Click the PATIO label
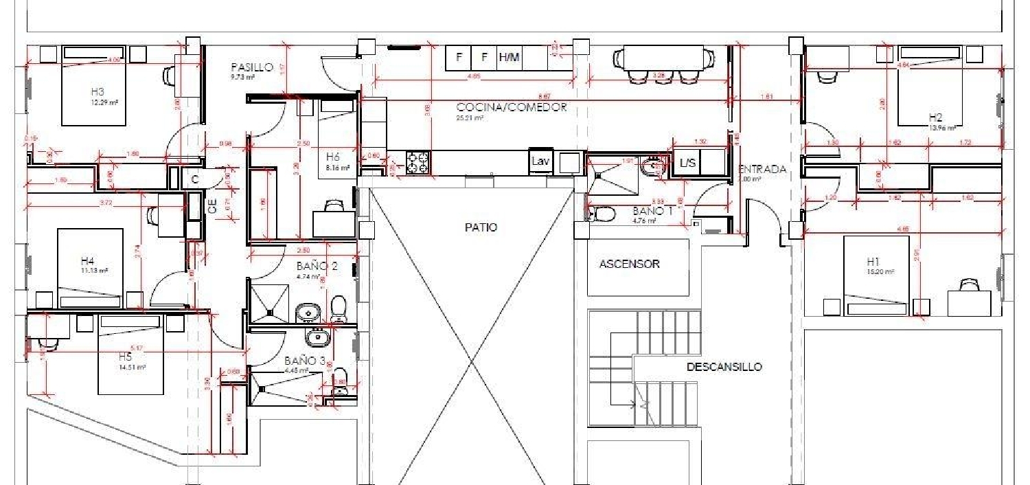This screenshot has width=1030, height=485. tap(481, 227)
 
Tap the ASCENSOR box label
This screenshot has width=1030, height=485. tap(629, 264)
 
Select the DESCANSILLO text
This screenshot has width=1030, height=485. tap(724, 367)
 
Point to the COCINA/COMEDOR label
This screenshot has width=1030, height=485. tap(512, 107)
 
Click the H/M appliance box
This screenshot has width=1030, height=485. tap(509, 58)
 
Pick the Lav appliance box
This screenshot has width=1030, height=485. tap(540, 162)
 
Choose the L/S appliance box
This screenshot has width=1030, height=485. tap(687, 163)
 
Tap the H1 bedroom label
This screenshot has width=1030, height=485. tap(873, 262)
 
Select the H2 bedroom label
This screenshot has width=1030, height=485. tap(935, 117)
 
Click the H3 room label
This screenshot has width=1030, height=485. tap(98, 91)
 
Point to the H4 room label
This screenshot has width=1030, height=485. tap(87, 261)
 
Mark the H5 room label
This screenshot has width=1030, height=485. tap(125, 357)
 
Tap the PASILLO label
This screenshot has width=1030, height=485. tap(252, 67)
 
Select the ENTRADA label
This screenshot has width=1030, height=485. tap(762, 169)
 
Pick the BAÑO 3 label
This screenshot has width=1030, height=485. tap(306, 361)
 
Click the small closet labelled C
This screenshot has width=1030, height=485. tap(195, 179)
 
